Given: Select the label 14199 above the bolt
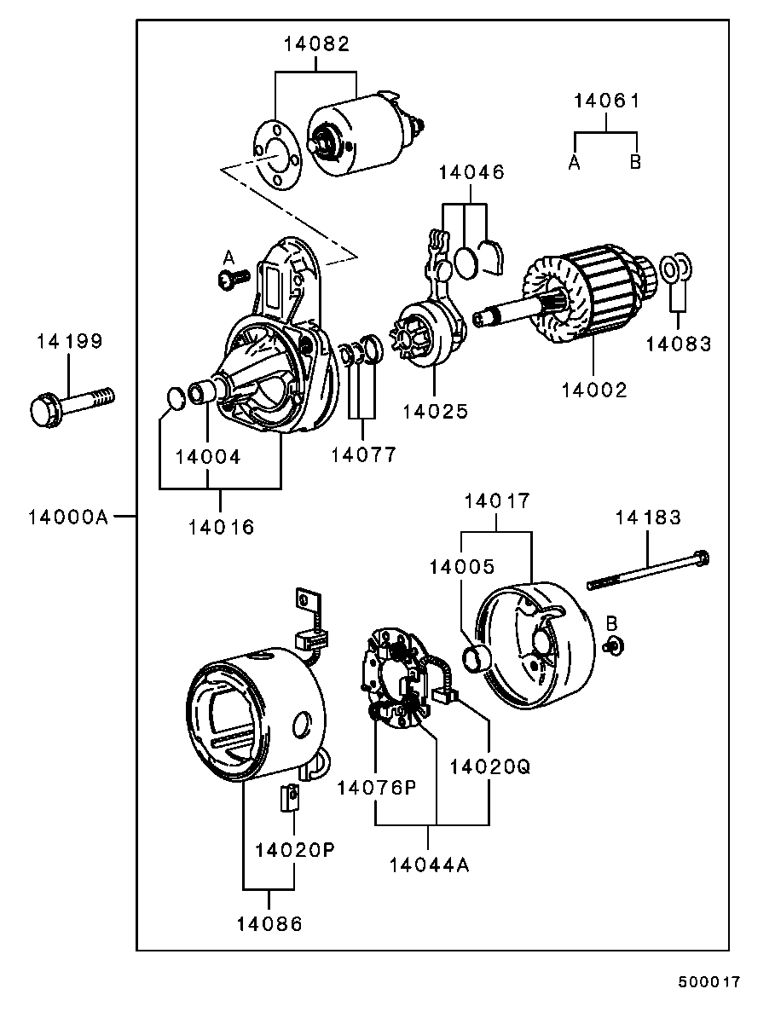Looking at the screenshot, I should pos(69,342).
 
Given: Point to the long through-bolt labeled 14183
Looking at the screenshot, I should pos(648,571).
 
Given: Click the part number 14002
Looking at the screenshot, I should pos(594,390).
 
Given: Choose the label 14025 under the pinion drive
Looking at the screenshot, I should pos(436,411).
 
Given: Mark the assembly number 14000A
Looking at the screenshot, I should pos(67,517).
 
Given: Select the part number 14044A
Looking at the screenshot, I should pos(430,865).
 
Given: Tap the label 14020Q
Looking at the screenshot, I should pos(490,766).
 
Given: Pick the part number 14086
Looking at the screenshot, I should pos(269,923).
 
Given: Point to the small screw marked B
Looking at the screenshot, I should pos(611,645).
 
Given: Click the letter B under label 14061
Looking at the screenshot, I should pos(635,162).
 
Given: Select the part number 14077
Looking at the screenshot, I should pos(364,454).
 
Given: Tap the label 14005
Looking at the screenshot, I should pos(461,566).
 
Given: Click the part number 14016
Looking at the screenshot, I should pos(222,527).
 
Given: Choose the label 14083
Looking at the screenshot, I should pos(678,344).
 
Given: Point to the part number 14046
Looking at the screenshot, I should pos(471,172).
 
